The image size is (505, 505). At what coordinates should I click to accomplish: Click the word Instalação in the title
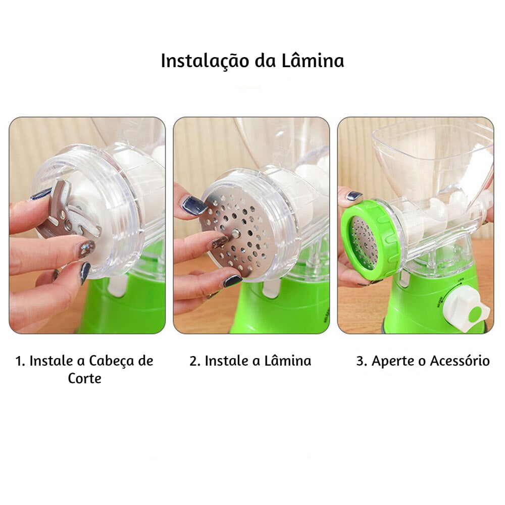[205, 60]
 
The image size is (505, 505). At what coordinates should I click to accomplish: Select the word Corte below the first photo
[84, 378]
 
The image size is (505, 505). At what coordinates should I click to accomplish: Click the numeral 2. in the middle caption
[195, 361]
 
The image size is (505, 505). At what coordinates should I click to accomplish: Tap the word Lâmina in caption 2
[288, 361]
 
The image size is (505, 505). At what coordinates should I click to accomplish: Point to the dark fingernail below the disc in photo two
[232, 281]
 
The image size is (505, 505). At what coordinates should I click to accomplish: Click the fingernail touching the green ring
[355, 196]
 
